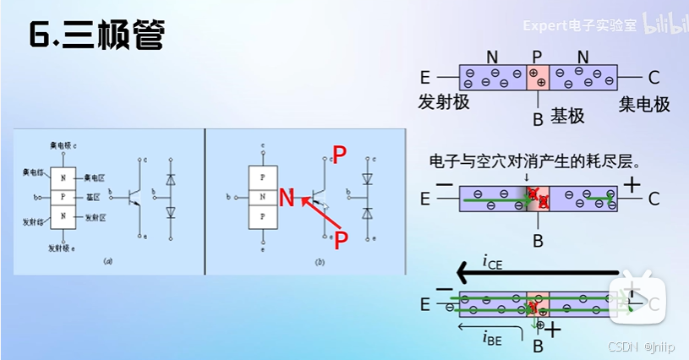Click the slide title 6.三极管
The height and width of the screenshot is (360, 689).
click(x=96, y=35)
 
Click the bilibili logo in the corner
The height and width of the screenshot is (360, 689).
click(x=665, y=25)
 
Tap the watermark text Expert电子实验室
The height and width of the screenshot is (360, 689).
click(x=579, y=25)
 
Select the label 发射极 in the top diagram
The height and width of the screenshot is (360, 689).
click(x=443, y=103)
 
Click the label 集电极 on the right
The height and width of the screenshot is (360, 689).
click(x=644, y=105)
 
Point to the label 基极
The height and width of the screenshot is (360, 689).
click(x=567, y=117)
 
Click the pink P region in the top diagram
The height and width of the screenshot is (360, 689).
click(x=538, y=79)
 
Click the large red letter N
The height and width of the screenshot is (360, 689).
click(x=287, y=199)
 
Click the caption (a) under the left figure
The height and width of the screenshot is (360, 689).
click(x=107, y=262)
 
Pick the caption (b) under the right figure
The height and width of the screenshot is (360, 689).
click(x=320, y=262)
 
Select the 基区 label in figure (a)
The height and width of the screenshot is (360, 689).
click(x=92, y=197)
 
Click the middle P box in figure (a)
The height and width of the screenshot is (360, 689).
click(x=62, y=197)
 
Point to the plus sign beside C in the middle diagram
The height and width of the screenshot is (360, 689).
click(x=631, y=183)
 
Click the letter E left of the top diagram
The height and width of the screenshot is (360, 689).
click(x=424, y=79)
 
